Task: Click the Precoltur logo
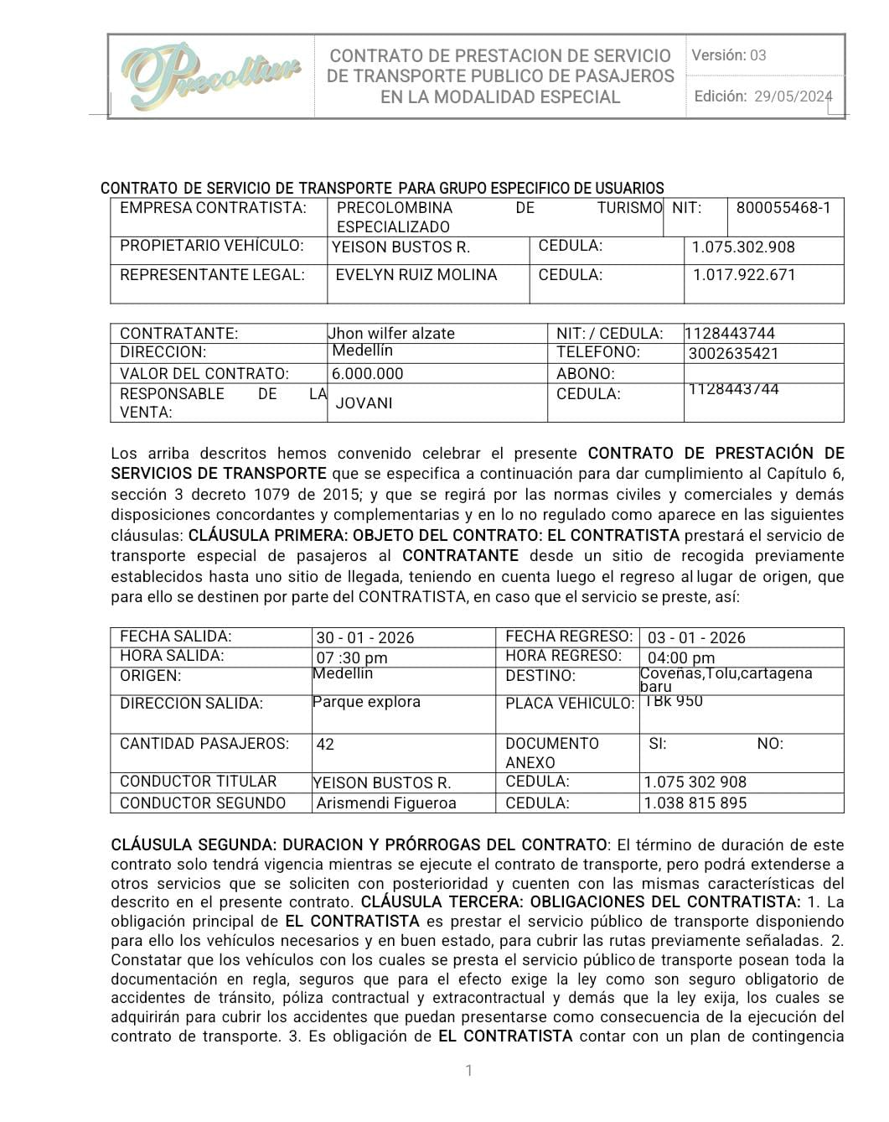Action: coord(210,76)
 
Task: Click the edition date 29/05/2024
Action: coord(793,96)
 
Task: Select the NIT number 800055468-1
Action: coord(783,208)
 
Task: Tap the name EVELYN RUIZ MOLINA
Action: coord(416,275)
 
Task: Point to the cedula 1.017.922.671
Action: coord(744,275)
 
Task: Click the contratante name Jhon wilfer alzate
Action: coord(393,333)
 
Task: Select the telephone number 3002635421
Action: coord(733,353)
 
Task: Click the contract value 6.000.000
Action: coord(367,374)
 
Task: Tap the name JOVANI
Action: coord(364,403)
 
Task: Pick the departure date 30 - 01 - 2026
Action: coord(364,637)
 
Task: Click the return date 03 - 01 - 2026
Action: coord(696,637)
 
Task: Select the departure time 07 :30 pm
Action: coord(352,658)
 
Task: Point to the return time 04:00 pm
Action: coord(681,658)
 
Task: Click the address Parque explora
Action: coord(366,702)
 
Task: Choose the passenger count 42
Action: coord(325,744)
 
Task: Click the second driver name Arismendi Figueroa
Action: coord(386,803)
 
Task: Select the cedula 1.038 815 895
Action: coord(695,803)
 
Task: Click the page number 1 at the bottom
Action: coord(468,1070)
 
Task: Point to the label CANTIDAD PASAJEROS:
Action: coord(204,744)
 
